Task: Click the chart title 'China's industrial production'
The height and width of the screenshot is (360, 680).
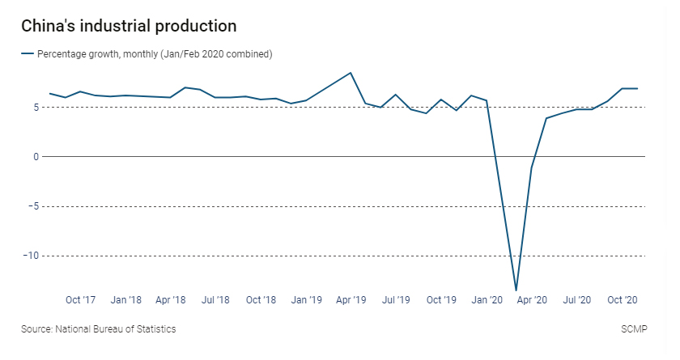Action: tap(129, 26)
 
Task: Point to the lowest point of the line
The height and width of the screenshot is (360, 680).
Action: tap(516, 290)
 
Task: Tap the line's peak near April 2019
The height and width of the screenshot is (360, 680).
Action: tap(351, 73)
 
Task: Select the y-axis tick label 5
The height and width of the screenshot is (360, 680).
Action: tap(36, 107)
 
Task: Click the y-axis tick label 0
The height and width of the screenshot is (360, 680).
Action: tap(36, 156)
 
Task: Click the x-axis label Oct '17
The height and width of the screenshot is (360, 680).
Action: tap(81, 300)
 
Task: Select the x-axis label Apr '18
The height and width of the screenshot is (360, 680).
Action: tap(171, 300)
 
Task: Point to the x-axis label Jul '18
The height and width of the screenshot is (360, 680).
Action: tap(215, 300)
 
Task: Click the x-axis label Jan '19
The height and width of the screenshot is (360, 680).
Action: tap(306, 300)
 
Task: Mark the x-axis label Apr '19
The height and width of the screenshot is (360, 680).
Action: tap(351, 300)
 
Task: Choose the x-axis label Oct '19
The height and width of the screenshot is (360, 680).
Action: tap(441, 300)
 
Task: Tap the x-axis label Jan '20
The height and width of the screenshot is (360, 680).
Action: tap(487, 300)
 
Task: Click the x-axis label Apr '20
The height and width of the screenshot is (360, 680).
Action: tap(532, 300)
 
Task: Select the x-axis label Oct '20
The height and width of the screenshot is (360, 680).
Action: tap(622, 300)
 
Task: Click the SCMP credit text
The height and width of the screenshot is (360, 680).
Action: tap(630, 329)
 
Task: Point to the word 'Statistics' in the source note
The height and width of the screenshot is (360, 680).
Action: tap(155, 329)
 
